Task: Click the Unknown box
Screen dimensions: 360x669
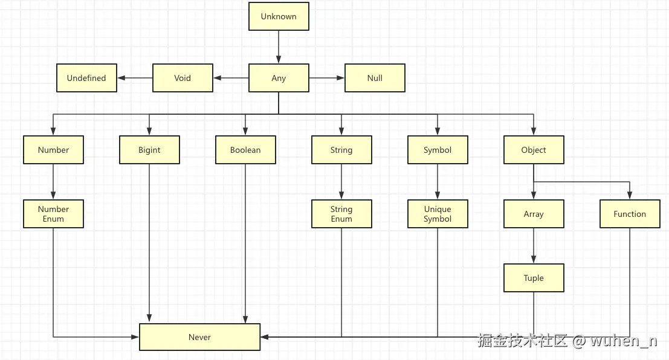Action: pos(279,16)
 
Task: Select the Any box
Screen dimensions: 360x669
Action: pos(279,78)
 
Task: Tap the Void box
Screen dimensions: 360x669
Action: pos(183,78)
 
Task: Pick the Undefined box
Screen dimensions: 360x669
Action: pos(86,78)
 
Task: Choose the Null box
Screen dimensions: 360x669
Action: pos(375,78)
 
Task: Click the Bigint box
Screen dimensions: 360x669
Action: pos(149,150)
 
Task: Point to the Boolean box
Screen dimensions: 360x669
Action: pos(245,150)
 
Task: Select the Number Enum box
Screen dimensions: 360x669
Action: pos(53,214)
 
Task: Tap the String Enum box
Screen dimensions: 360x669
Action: pos(341,214)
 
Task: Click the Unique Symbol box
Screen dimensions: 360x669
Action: pos(438,214)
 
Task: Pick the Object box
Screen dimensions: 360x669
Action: pos(534,150)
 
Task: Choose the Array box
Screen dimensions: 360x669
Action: pos(534,214)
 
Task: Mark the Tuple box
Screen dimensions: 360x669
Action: pos(534,278)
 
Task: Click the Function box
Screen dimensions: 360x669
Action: pos(630,214)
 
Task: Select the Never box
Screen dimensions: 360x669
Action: pos(199,337)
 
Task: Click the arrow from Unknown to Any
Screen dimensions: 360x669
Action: pos(279,47)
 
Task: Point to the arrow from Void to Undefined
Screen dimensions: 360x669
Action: pos(135,78)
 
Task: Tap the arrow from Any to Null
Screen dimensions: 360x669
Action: pos(327,78)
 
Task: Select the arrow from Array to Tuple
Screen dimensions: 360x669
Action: pos(534,246)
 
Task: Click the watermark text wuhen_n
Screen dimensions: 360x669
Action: pos(623,341)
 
